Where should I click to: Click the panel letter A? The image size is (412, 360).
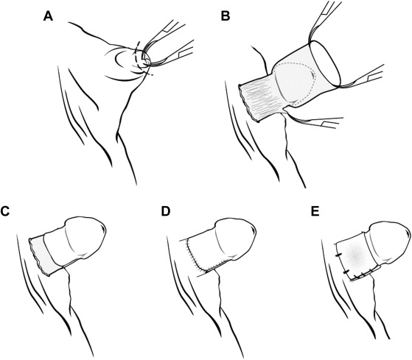click(49, 16)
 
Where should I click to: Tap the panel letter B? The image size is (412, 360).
click(226, 16)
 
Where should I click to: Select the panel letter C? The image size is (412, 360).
click(4, 211)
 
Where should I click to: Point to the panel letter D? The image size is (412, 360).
click(166, 211)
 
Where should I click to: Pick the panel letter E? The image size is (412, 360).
click(315, 211)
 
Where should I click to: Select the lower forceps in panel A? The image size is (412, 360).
click(171, 54)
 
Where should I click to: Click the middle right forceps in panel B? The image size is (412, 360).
click(363, 76)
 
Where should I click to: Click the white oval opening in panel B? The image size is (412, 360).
click(325, 63)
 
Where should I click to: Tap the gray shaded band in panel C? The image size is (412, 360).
click(44, 257)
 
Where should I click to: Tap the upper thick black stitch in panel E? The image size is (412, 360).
click(338, 255)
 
